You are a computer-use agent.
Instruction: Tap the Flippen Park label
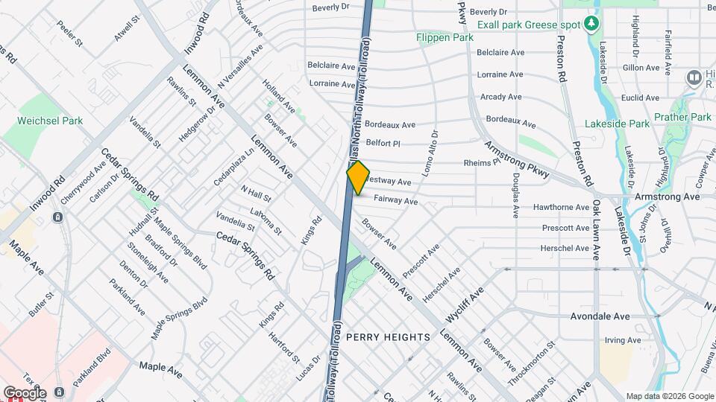(x=446, y=37)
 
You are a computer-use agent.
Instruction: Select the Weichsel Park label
(x=50, y=121)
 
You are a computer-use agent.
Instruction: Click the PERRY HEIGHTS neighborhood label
(x=388, y=337)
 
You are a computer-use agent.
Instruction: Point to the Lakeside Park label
(x=617, y=124)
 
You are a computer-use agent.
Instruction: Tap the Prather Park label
(x=682, y=117)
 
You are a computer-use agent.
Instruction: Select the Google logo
(x=24, y=392)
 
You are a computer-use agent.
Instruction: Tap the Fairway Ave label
(x=395, y=201)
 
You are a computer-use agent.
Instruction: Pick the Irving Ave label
(x=623, y=340)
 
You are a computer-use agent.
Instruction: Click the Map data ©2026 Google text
(x=669, y=396)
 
